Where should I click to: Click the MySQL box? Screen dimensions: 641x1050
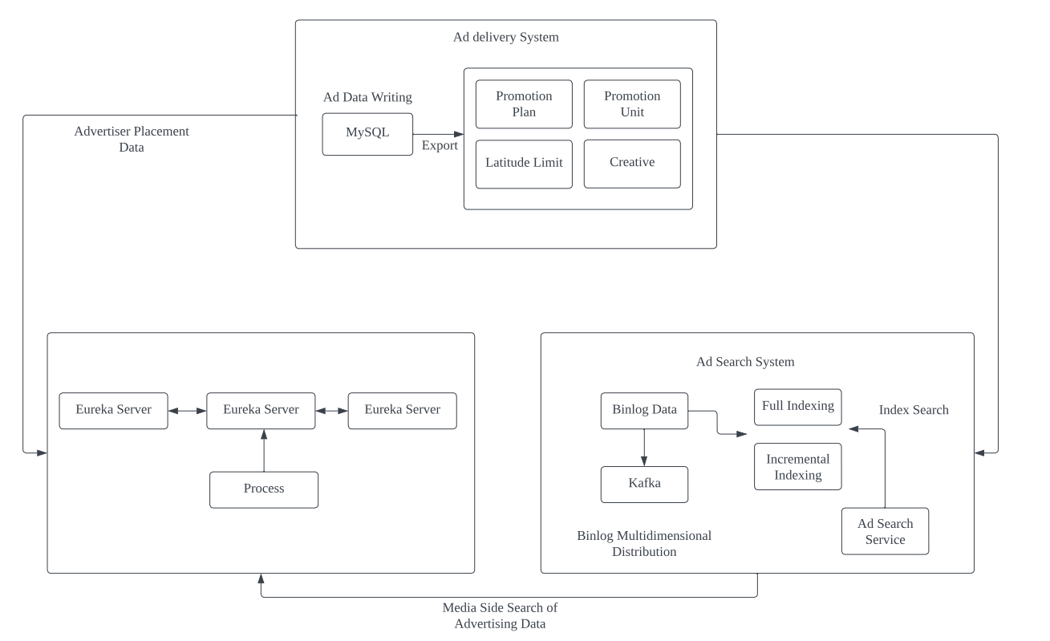click(367, 134)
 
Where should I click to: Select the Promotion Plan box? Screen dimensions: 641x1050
click(524, 104)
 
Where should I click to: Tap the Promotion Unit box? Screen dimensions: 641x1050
click(632, 104)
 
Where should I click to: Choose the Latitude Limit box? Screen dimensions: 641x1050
click(524, 164)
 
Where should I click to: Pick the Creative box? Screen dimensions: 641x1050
click(632, 164)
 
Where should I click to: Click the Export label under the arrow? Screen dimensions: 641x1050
click(440, 146)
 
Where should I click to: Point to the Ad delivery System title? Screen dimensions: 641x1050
click(505, 37)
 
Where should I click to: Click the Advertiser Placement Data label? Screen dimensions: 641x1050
click(132, 139)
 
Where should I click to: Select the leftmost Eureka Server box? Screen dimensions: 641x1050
click(114, 410)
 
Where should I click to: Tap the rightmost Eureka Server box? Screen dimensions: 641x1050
click(402, 410)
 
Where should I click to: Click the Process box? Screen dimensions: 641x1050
click(264, 489)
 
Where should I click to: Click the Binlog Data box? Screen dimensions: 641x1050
click(644, 410)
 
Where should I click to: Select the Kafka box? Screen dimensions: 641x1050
click(644, 485)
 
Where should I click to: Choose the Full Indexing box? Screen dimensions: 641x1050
click(797, 407)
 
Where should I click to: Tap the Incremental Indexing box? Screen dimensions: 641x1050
click(797, 467)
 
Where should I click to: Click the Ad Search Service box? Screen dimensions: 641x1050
click(885, 531)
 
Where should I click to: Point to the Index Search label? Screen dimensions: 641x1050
click(914, 410)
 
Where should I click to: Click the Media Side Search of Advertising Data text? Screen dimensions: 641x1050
click(500, 616)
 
